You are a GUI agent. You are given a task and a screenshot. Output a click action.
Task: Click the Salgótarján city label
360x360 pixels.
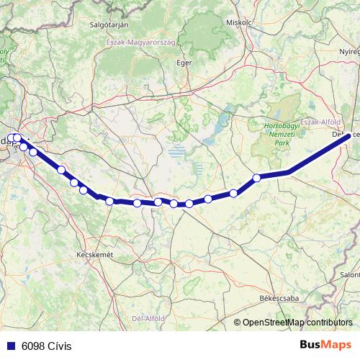point(109,24)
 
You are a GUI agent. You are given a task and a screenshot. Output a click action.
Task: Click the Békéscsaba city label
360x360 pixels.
point(276,297)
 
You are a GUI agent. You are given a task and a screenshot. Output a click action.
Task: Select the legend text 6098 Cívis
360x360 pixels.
point(48,346)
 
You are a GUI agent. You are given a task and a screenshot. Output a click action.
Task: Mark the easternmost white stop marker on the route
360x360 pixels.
point(256,178)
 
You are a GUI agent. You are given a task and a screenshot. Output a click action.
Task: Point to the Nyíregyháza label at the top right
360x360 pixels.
point(349,53)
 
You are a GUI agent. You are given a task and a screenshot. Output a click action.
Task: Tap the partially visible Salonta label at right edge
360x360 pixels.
point(351,274)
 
